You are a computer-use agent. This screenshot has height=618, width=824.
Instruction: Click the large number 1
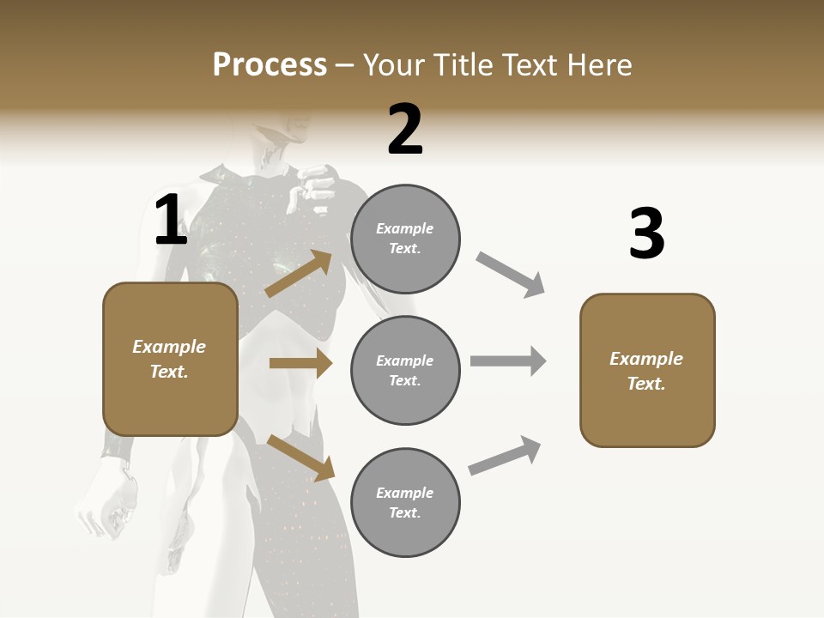[x=171, y=221]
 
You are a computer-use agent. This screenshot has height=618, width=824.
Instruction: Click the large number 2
[x=405, y=130]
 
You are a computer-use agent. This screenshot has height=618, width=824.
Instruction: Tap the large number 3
[x=646, y=233]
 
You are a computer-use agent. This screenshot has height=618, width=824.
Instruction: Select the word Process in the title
[x=270, y=64]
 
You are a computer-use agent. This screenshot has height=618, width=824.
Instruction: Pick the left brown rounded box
[x=170, y=359]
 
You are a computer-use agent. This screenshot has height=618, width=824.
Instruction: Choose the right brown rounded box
[x=647, y=371]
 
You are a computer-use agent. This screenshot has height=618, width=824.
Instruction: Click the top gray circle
[x=405, y=239]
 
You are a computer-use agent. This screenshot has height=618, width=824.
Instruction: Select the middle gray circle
[x=405, y=371]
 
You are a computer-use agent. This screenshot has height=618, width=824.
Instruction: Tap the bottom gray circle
[x=405, y=503]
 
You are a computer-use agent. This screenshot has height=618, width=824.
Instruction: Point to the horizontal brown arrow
[x=300, y=363]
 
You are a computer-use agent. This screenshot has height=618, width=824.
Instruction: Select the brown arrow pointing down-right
[x=300, y=457]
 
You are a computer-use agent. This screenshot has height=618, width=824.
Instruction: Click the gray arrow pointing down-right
[x=510, y=275]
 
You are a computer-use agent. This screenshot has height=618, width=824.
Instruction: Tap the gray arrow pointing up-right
[x=505, y=455]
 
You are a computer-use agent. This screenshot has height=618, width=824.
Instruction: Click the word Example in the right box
[x=646, y=359]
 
